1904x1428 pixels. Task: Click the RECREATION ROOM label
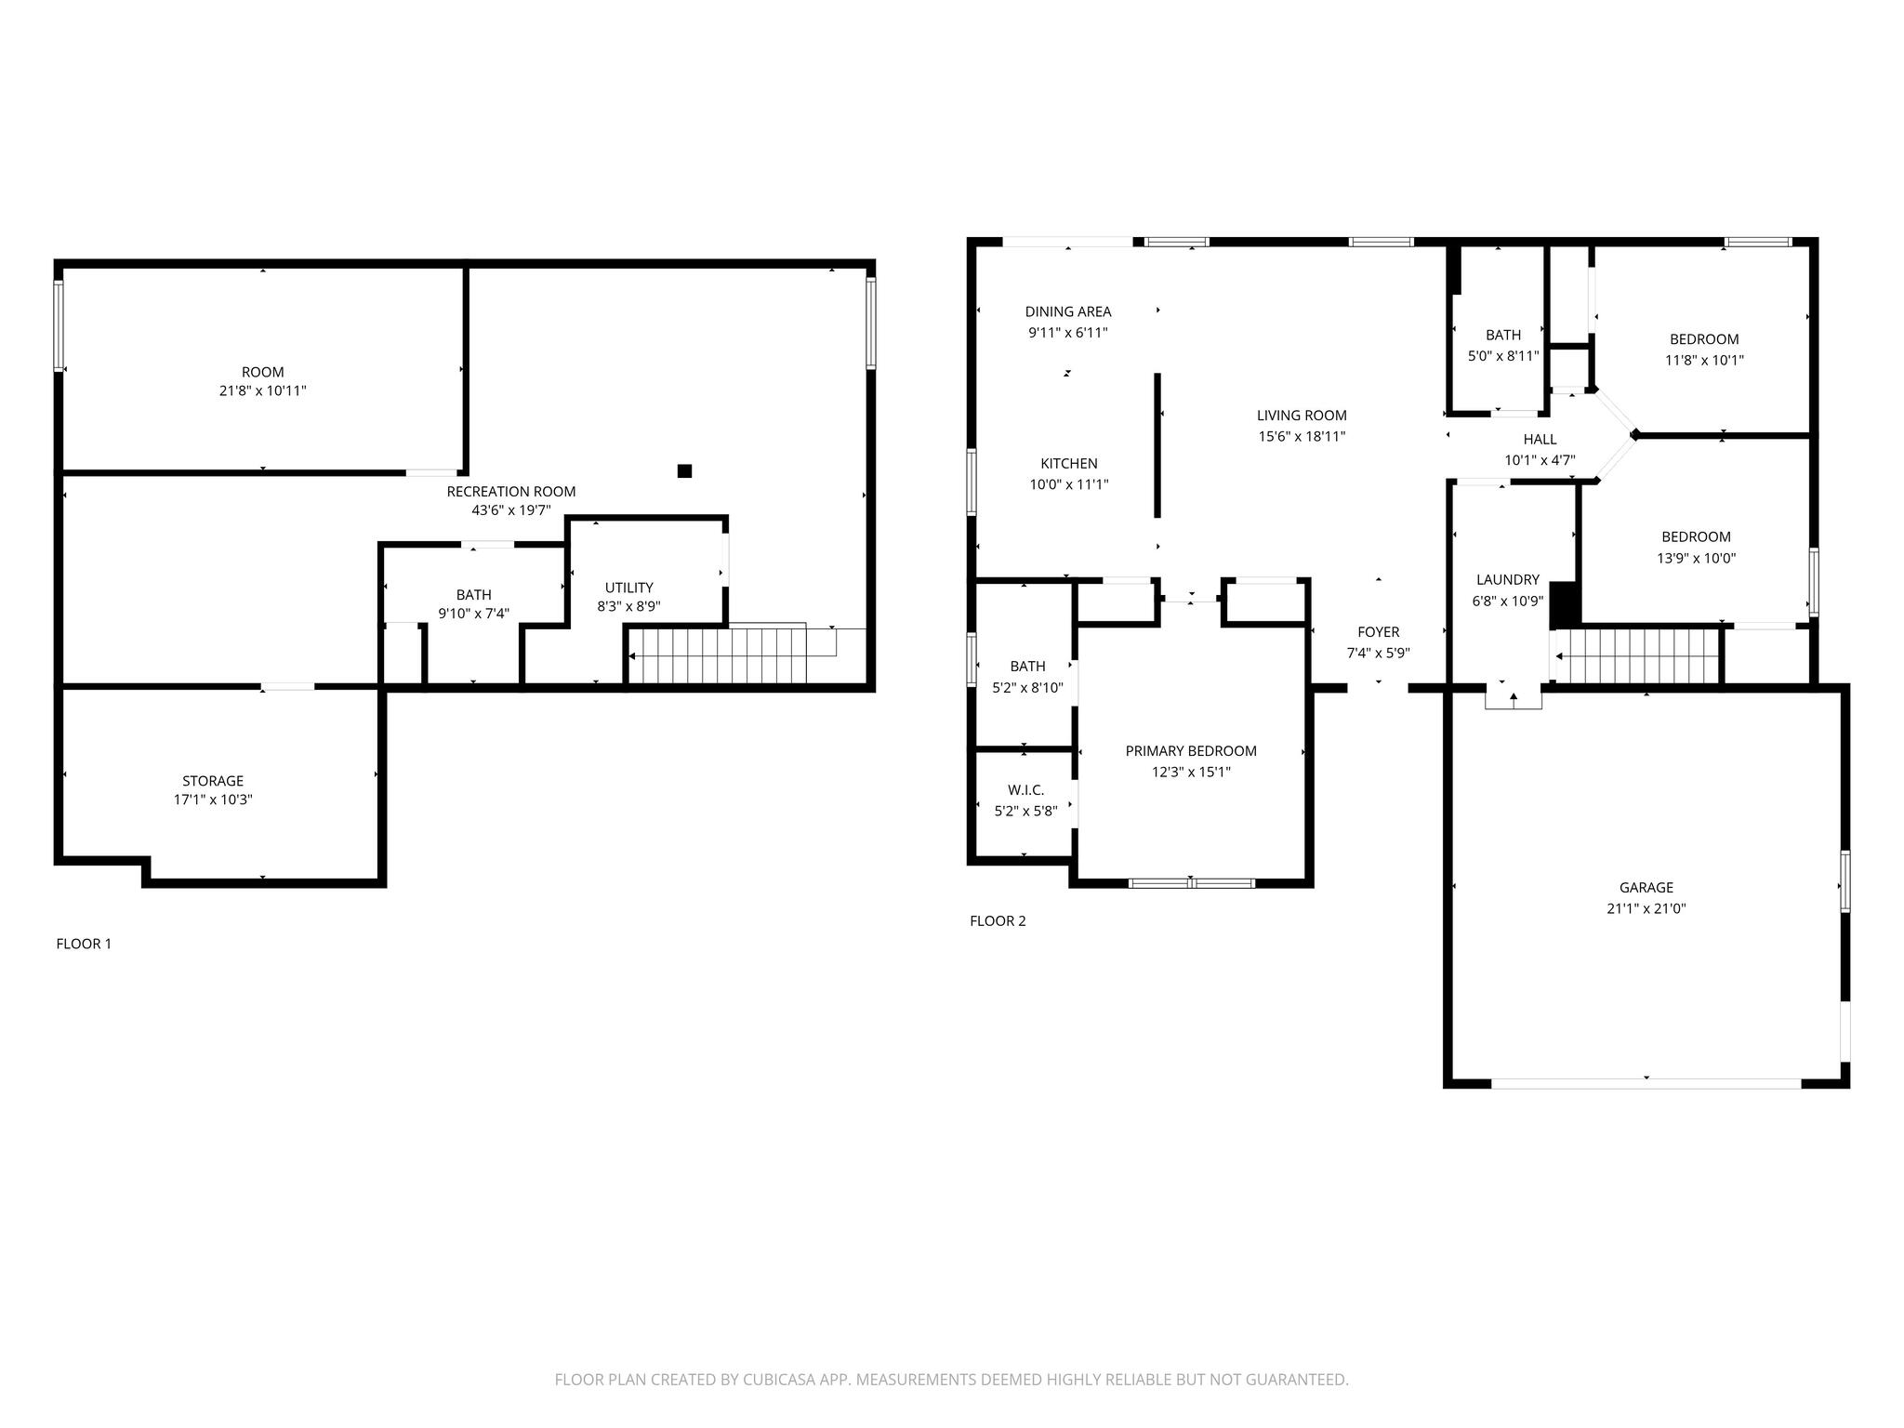(x=510, y=491)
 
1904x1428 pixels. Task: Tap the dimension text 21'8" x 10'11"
(x=262, y=391)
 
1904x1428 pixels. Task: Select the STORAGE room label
(x=213, y=781)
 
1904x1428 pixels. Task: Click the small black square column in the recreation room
(x=684, y=470)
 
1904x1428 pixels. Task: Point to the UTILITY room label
(x=628, y=588)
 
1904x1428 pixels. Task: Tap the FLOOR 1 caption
(x=84, y=944)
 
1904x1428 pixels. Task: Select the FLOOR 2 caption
(x=998, y=921)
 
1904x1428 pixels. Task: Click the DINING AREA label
(x=1067, y=311)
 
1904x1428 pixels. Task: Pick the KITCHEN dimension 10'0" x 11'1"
(x=1068, y=484)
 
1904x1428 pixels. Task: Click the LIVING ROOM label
(x=1301, y=416)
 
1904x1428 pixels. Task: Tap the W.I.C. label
(x=1025, y=790)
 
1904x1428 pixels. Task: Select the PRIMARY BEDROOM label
(x=1190, y=751)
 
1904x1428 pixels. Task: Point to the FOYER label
(x=1378, y=632)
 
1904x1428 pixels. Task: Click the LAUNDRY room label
(x=1507, y=579)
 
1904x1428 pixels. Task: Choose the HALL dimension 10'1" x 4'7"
(x=1540, y=460)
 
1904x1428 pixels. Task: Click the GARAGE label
(x=1646, y=888)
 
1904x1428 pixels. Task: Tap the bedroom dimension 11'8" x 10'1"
(x=1703, y=361)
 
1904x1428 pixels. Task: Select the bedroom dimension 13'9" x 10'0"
(x=1696, y=559)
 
